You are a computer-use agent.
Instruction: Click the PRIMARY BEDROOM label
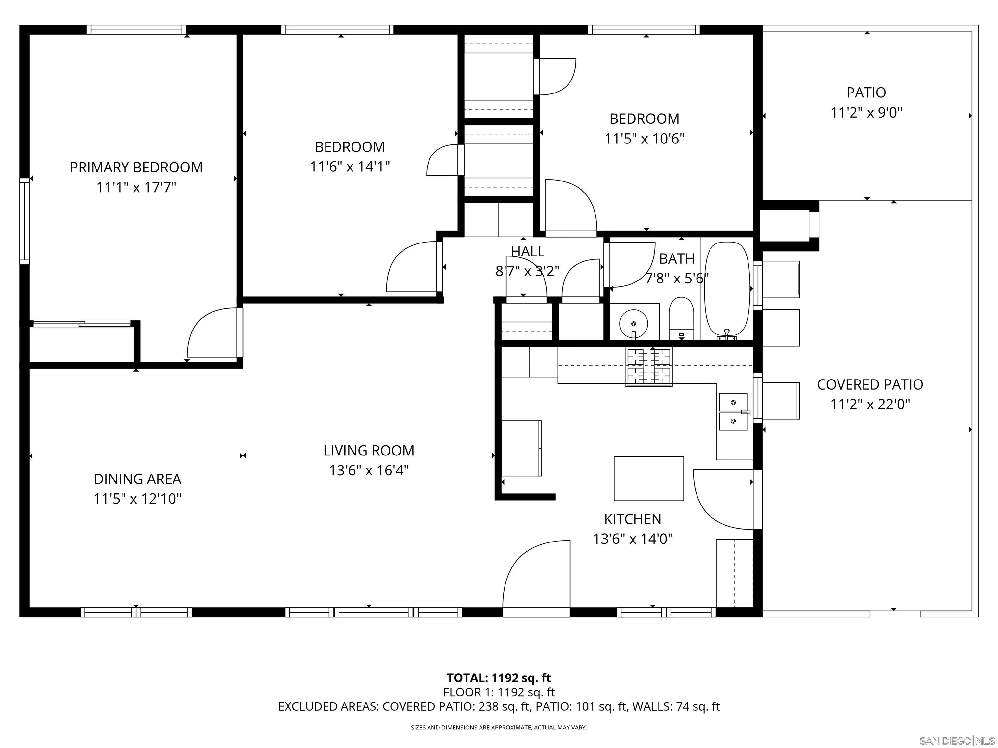[x=136, y=167]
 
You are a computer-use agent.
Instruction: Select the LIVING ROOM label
[x=369, y=450]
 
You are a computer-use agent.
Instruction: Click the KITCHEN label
[x=633, y=519]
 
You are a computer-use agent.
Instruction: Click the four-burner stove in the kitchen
[x=648, y=366]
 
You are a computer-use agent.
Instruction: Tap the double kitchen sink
[x=733, y=412]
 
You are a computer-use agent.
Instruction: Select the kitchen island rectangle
[x=648, y=479]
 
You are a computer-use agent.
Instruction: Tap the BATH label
[x=676, y=258]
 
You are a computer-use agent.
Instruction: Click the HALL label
[x=527, y=251]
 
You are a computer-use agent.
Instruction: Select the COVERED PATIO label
[x=870, y=385]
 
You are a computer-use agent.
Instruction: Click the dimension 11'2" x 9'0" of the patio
[x=866, y=112]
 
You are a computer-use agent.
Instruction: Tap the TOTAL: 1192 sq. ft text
[x=499, y=678]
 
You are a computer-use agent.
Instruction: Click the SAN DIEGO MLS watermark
[x=956, y=741]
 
